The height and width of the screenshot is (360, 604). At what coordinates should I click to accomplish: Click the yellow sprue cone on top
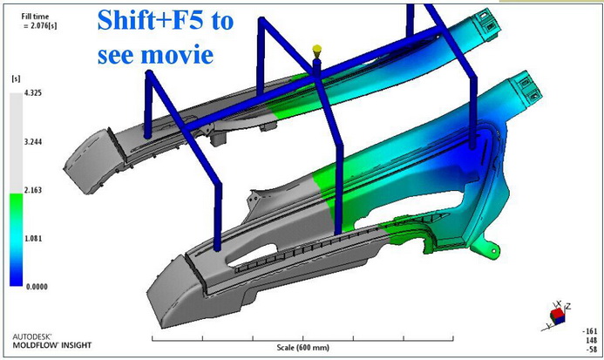point(316,50)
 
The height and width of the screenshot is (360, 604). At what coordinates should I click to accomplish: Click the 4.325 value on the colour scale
point(33,93)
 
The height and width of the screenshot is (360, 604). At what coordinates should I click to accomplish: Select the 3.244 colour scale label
point(33,142)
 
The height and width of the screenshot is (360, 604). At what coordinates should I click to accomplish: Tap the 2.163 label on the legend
point(33,190)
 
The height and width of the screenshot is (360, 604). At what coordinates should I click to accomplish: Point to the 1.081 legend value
point(33,239)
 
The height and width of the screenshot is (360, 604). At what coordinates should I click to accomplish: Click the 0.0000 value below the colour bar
point(37,287)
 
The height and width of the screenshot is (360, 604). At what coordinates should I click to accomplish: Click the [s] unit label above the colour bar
point(16,78)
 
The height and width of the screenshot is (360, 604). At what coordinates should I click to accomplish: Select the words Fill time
point(35,17)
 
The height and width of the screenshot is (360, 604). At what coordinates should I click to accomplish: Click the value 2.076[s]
point(42,26)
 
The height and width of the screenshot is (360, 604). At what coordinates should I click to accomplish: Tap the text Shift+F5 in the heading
point(149,21)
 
